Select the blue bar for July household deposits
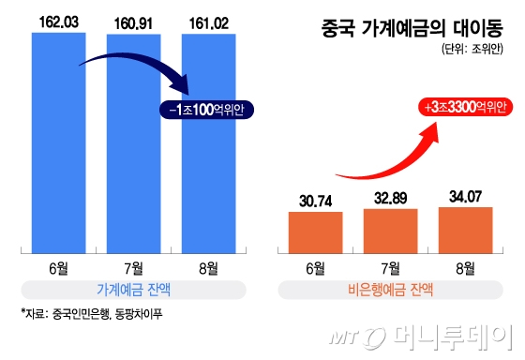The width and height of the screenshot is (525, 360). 132,141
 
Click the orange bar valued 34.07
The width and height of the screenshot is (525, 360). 465,231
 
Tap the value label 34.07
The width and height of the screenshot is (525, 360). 465,197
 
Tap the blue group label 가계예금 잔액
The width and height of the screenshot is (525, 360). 131,291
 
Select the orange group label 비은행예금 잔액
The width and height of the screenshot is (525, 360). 390,291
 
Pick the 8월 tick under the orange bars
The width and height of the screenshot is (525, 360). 465,268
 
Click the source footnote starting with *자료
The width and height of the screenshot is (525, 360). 84,314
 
